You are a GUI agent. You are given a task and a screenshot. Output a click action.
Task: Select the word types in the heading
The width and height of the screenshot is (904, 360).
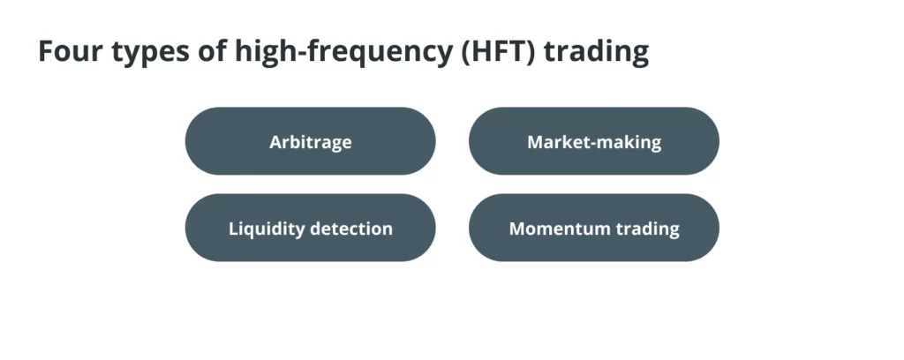coord(150,54)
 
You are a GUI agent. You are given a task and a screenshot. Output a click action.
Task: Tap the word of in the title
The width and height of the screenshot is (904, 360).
coord(212,50)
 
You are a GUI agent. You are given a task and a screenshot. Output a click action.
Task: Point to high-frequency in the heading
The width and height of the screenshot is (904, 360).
coord(342,52)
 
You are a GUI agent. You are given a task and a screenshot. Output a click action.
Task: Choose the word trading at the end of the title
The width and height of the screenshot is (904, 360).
coord(596,52)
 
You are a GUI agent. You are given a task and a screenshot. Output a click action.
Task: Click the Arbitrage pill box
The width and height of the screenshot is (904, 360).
coord(310,141)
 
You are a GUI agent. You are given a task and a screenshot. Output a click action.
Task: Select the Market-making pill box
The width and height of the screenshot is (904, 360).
coord(594,141)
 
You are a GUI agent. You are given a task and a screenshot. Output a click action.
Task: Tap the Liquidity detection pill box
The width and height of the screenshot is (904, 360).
coord(310,228)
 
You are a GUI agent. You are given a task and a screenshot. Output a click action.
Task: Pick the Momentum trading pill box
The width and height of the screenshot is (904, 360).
coord(594,228)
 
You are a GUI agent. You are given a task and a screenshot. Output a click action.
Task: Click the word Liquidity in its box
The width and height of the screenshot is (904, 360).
coord(267,229)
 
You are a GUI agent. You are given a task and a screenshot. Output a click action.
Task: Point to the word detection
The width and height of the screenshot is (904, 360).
coord(351,229)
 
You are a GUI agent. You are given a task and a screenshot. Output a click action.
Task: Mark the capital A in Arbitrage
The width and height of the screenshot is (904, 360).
coord(276,142)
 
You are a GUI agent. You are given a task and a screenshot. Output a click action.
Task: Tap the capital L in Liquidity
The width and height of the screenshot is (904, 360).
coord(234,229)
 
